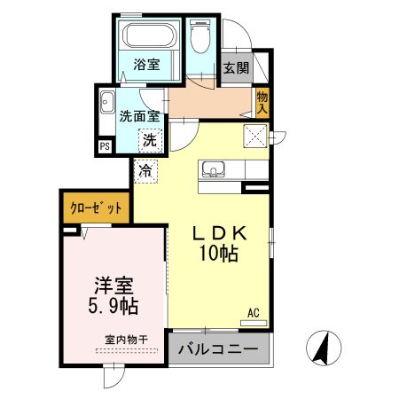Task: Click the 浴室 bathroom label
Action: click(x=146, y=65)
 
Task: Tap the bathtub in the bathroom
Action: click(x=148, y=36)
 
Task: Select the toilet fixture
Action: click(x=200, y=38)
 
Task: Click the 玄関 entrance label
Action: click(x=235, y=68)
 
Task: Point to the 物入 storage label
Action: click(x=262, y=102)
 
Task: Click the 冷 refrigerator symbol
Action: click(x=144, y=168)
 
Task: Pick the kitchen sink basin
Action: click(x=214, y=168)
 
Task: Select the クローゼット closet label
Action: click(x=95, y=209)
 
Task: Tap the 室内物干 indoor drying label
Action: click(x=124, y=340)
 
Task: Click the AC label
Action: click(x=253, y=312)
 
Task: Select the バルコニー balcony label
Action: click(x=218, y=349)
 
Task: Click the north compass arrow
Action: click(x=323, y=348)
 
